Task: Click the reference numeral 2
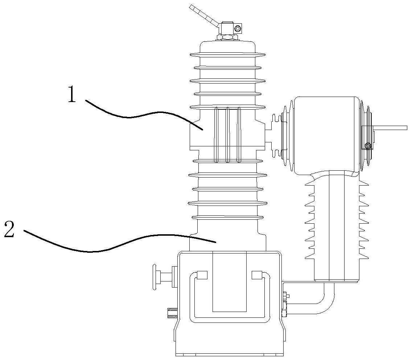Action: click(x=9, y=230)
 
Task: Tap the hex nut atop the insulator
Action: click(x=227, y=37)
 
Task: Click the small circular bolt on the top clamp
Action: click(x=238, y=28)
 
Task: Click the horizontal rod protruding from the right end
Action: click(x=392, y=128)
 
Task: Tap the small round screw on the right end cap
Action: click(x=368, y=146)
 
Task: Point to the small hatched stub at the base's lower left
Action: click(x=172, y=312)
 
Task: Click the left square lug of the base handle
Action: click(x=202, y=275)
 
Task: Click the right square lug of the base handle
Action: click(x=256, y=275)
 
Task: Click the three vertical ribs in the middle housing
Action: click(x=227, y=134)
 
